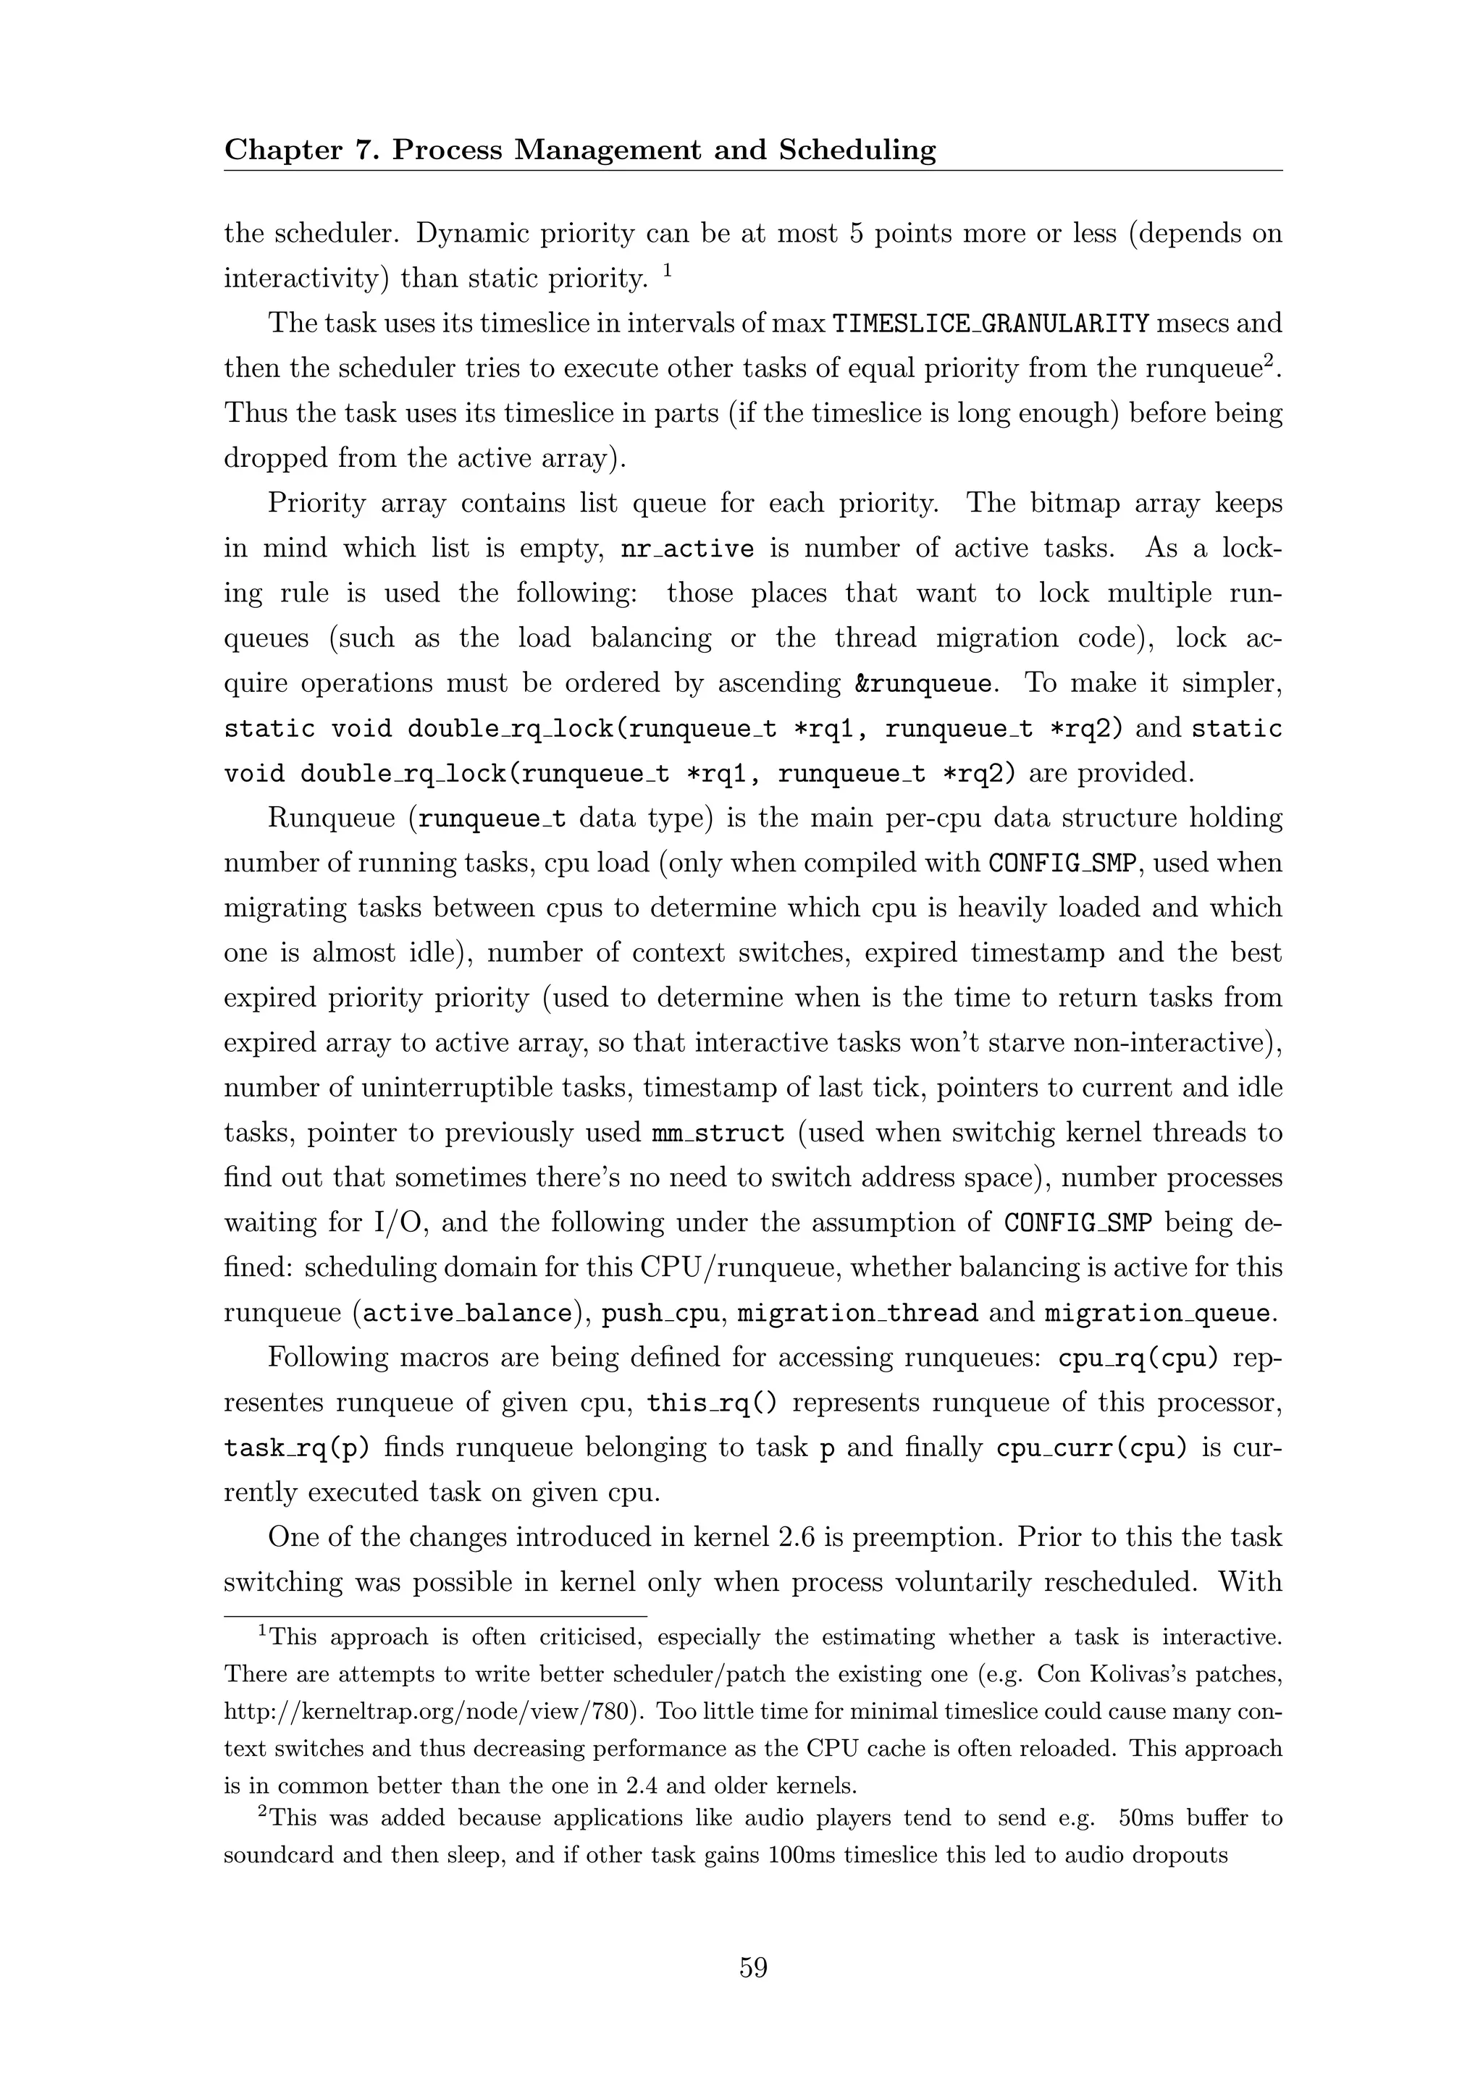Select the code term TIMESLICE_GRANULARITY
pyautogui.click(x=990, y=324)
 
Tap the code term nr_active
pyautogui.click(x=688, y=549)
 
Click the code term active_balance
pyautogui.click(x=466, y=1314)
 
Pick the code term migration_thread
pyautogui.click(x=857, y=1314)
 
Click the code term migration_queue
pyautogui.click(x=1157, y=1314)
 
